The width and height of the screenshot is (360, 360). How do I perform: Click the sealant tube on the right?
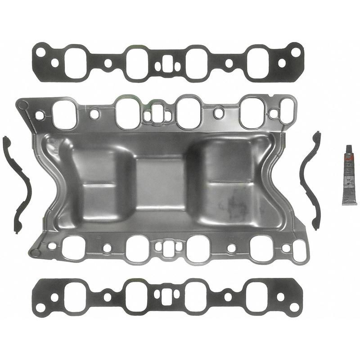point(349,175)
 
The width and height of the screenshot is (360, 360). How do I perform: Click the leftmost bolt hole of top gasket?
point(40,52)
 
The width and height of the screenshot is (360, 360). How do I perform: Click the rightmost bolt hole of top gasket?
point(296,52)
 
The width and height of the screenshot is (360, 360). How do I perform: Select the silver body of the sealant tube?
point(349,180)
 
